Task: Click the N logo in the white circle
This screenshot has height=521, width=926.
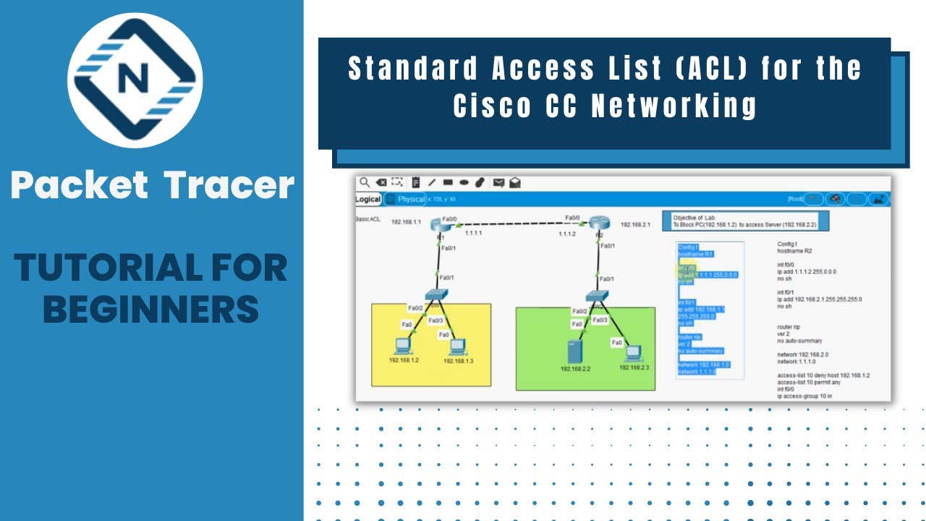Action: pos(135,80)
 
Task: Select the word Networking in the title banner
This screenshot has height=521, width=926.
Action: pos(674,106)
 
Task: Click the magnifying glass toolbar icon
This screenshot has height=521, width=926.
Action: pos(365,183)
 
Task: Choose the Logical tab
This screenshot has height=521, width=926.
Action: pos(368,199)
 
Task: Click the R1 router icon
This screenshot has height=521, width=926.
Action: pos(440,225)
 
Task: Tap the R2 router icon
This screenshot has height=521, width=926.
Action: pos(600,224)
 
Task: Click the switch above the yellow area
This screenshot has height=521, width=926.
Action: pos(437,295)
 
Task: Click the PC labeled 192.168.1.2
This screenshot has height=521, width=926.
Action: pos(400,345)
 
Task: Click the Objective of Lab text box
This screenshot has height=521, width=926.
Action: pos(749,221)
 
